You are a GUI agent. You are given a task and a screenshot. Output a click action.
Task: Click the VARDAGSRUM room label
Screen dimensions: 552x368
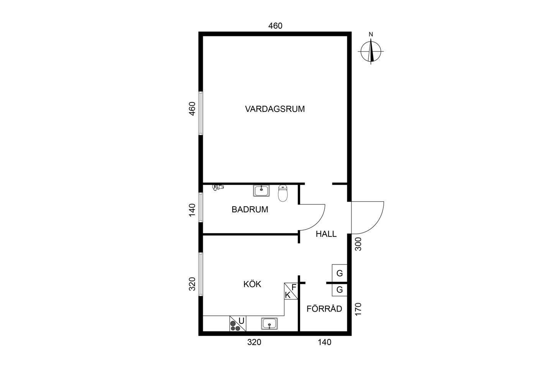point(275,109)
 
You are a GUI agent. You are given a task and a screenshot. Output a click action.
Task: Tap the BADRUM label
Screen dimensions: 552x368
point(250,210)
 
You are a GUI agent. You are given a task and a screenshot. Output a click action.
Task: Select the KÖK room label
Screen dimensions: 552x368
point(252,284)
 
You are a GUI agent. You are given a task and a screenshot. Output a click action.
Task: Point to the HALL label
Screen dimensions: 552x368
point(326,234)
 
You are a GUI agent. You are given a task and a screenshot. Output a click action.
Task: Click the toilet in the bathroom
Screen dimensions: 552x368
point(283,193)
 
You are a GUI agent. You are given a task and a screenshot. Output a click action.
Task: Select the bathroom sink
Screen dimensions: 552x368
point(261,191)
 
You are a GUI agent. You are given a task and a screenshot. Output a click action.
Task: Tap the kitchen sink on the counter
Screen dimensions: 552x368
point(269,324)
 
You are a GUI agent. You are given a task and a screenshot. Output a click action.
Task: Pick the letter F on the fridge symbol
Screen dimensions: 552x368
point(294,287)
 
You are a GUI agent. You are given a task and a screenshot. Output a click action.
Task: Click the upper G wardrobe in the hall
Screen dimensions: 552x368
point(340,273)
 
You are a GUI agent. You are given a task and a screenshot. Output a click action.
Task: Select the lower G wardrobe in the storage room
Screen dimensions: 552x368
point(340,290)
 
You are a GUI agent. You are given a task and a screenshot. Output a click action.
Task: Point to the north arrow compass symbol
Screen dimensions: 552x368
point(371,51)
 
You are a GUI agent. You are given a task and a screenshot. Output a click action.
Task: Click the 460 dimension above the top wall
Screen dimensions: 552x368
point(275,26)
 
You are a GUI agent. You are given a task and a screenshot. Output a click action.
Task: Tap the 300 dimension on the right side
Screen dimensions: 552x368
point(358,244)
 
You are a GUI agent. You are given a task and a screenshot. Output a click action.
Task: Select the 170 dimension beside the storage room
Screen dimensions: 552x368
point(358,309)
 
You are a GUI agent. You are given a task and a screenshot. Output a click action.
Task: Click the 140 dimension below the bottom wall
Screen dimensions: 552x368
point(325,342)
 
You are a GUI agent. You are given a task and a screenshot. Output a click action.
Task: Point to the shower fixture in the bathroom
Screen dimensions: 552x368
point(218,187)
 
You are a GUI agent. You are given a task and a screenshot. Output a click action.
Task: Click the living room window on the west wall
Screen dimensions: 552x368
point(201,113)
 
